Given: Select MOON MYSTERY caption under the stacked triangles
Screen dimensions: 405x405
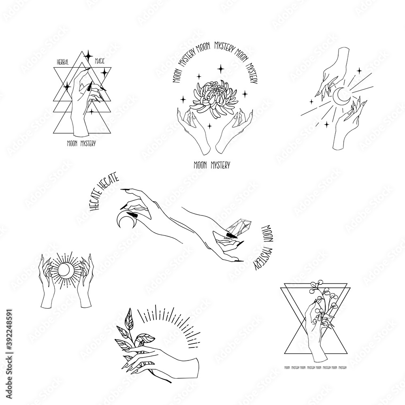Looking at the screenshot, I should pyautogui.click(x=81, y=143).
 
